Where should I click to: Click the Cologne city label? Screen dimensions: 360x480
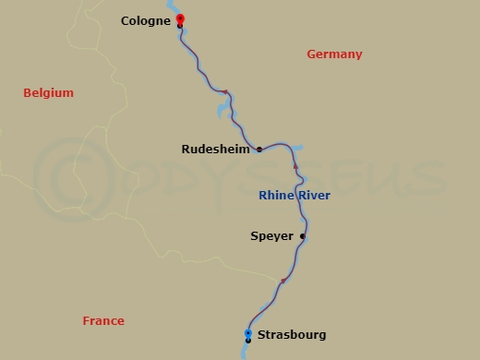tap(144, 20)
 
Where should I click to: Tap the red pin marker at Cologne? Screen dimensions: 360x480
tap(180, 18)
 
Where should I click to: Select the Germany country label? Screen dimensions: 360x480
tap(334, 54)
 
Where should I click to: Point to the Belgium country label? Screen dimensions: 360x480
tap(48, 93)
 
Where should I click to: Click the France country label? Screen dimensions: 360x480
tap(103, 321)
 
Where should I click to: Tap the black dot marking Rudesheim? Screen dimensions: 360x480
tap(259, 149)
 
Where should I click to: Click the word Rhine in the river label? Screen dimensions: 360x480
tap(275, 196)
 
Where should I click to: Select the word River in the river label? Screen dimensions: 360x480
tap(314, 196)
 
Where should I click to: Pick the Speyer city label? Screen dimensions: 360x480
tap(271, 236)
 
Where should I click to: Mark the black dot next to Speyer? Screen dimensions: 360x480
tap(303, 236)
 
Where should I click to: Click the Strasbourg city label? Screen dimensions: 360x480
tap(293, 335)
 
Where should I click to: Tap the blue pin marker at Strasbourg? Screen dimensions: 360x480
tap(248, 333)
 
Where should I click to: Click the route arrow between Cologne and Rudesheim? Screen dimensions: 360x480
tap(226, 92)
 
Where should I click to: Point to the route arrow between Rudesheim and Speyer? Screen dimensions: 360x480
tap(295, 167)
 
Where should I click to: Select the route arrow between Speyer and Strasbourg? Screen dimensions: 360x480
tap(282, 281)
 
